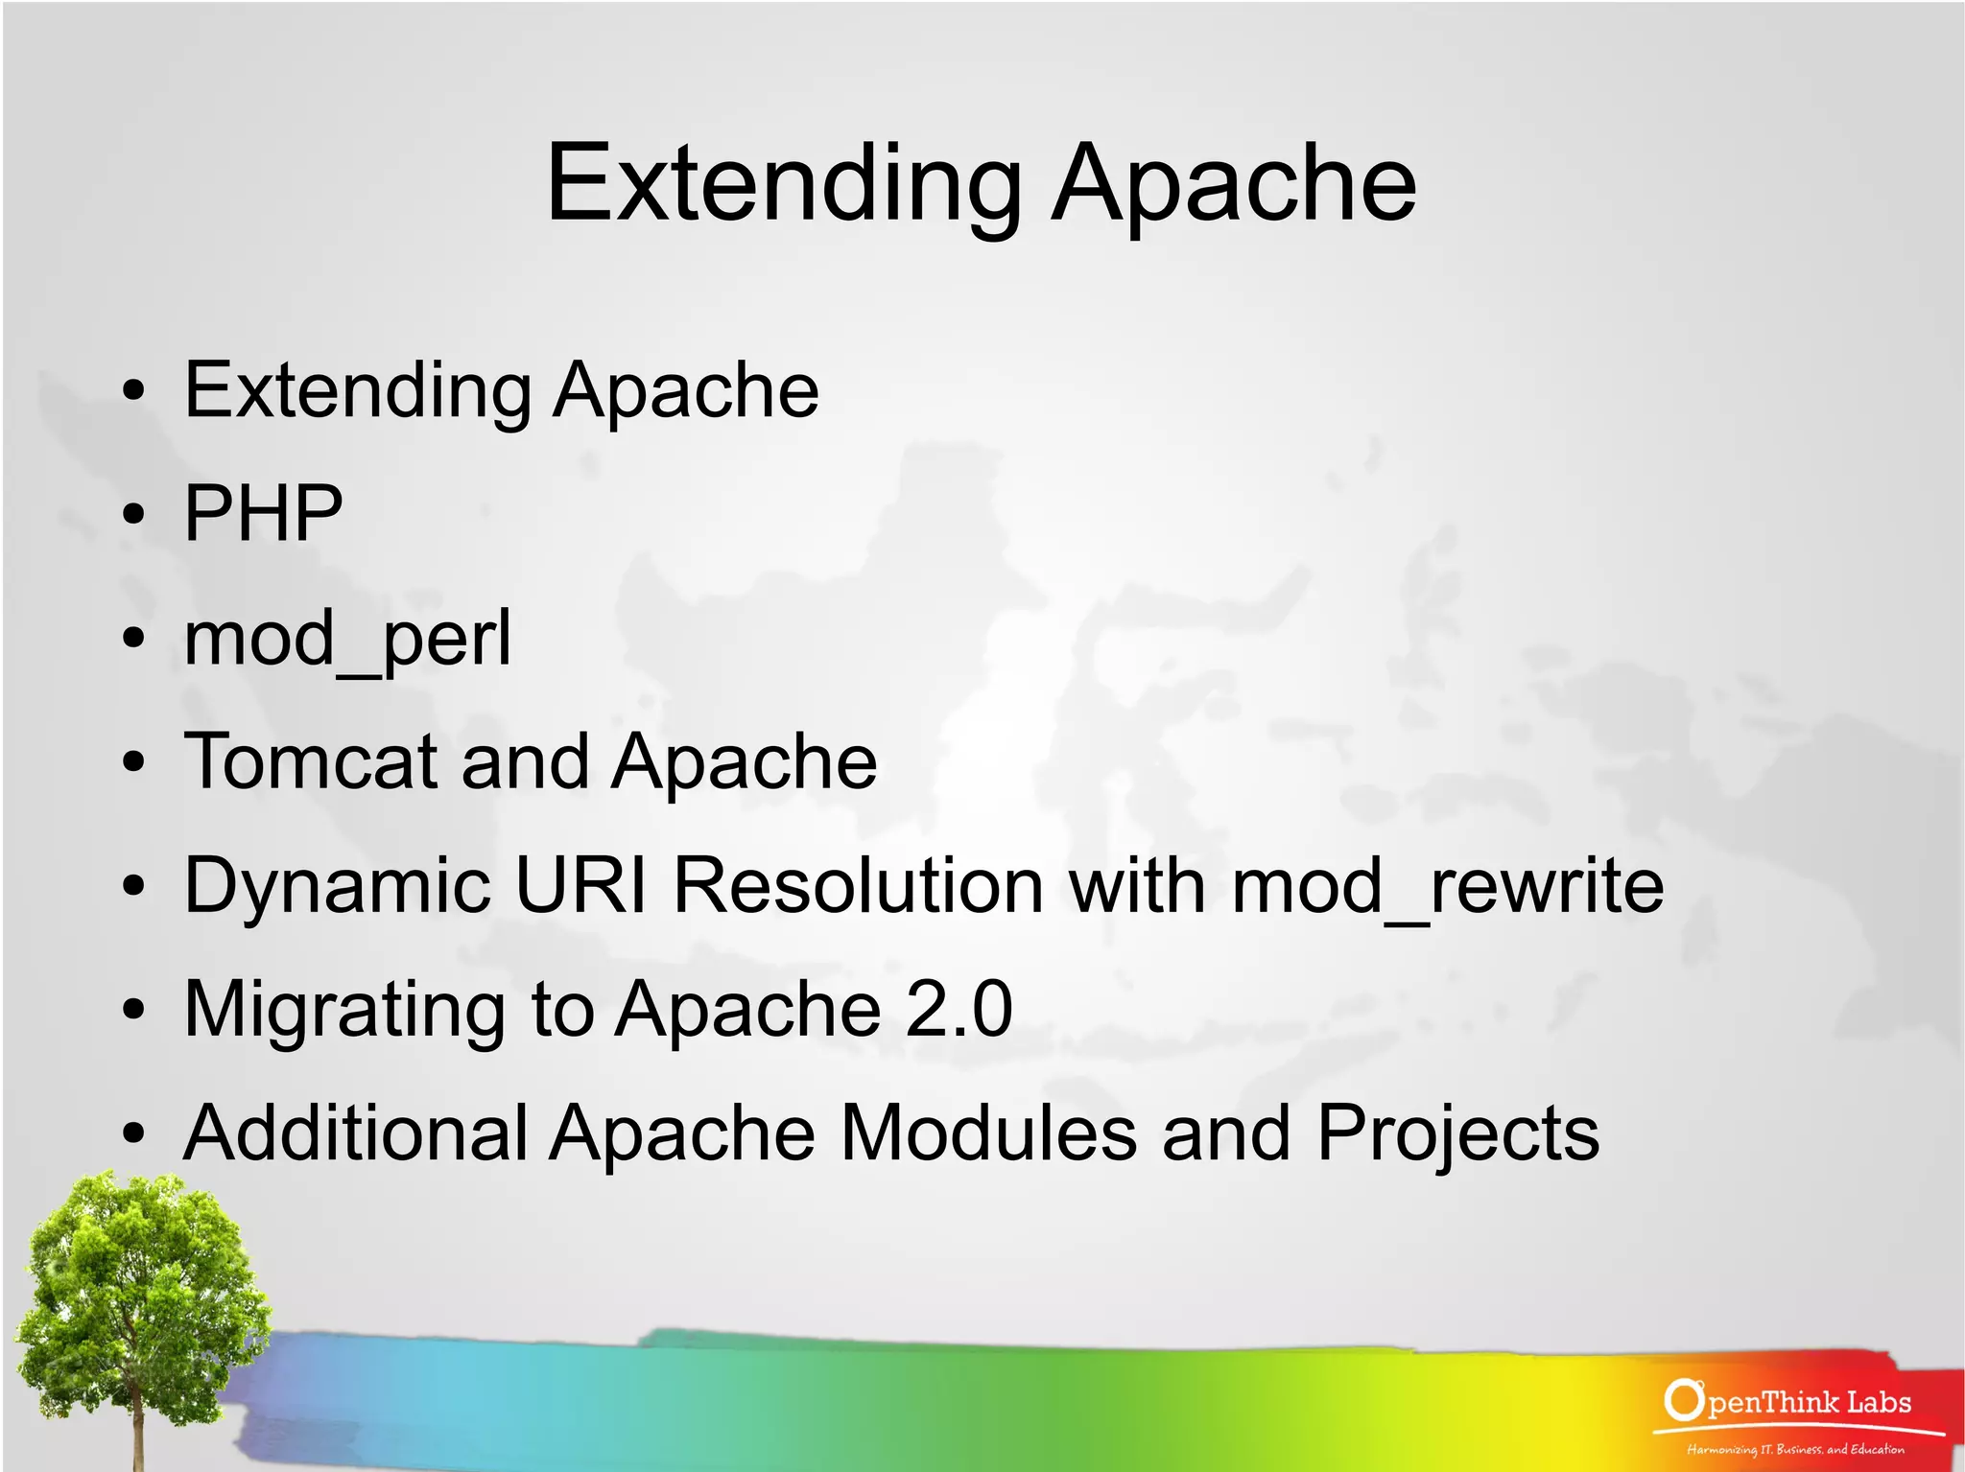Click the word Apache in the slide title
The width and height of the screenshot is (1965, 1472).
coord(1234,184)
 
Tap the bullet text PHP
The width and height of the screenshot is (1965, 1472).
coord(263,514)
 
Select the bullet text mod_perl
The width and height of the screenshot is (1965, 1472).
coord(347,639)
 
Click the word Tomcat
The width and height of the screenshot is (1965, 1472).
coord(310,761)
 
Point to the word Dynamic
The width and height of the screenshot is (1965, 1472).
coord(337,886)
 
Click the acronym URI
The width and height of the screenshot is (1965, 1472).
coord(581,884)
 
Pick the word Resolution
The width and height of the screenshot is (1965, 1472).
coord(858,884)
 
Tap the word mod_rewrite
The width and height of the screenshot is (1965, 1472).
coord(1447,886)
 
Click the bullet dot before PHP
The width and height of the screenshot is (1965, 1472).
coord(134,515)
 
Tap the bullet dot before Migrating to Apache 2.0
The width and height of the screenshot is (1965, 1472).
coord(134,1010)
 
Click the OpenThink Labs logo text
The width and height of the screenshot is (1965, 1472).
coord(1808,1402)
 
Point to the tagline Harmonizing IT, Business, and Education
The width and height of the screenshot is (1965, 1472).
coord(1795,1449)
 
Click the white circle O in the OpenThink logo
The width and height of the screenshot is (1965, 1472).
coord(1682,1400)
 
